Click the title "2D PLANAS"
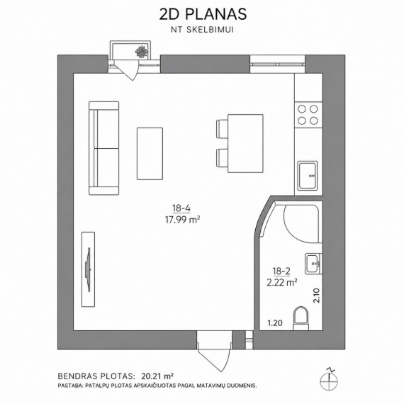point(203,14)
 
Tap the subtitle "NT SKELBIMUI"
point(203,30)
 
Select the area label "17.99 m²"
point(182,220)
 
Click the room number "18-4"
point(181,208)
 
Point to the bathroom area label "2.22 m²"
point(282,282)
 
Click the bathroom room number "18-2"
point(281,271)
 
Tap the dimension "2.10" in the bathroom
point(316,296)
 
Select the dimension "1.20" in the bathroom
point(275,322)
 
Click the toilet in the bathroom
point(301,318)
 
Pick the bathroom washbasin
point(313,264)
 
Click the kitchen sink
point(308,176)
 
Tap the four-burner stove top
point(308,115)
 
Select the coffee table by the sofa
point(150,154)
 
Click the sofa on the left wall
point(103,148)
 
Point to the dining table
point(245,143)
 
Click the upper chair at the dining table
point(222,128)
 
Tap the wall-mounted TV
point(89,269)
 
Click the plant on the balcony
point(142,52)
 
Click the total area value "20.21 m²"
point(157,376)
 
